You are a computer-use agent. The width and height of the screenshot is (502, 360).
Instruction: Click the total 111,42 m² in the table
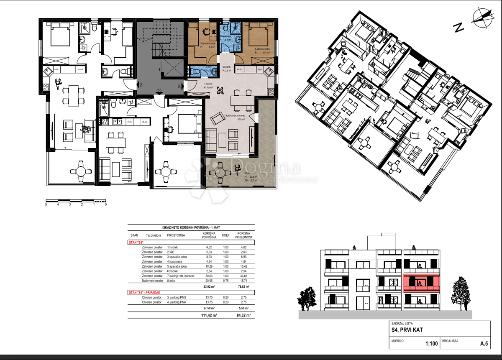pyautogui.click(x=209, y=316)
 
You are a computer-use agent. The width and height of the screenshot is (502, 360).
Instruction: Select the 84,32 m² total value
pyautogui.click(x=243, y=316)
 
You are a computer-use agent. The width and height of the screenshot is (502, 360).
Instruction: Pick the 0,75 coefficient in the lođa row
pyautogui.click(x=225, y=281)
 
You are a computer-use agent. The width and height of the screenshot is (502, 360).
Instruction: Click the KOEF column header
pyautogui.click(x=225, y=235)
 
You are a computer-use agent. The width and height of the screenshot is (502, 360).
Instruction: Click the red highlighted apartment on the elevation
pyautogui.click(x=421, y=283)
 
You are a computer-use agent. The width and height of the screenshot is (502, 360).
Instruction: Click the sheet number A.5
pyautogui.click(x=484, y=344)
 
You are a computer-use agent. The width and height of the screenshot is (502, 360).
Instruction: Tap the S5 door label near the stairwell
pyautogui.click(x=159, y=90)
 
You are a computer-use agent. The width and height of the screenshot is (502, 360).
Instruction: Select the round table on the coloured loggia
pyautogui.click(x=221, y=171)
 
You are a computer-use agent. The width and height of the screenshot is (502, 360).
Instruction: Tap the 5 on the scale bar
pyautogui.click(x=46, y=205)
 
